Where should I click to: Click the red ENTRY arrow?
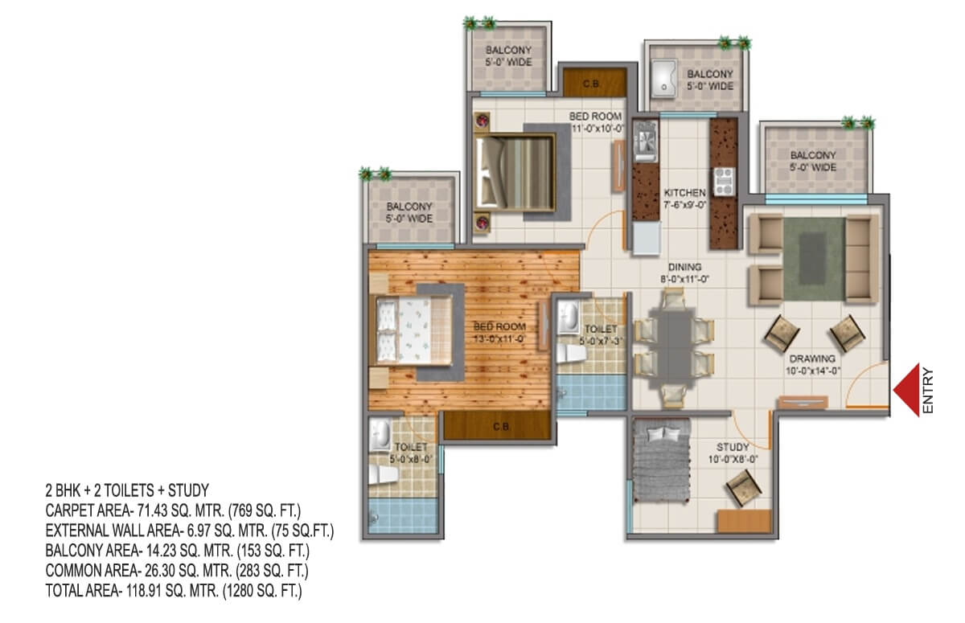tap(907, 390)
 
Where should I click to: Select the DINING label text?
tap(684, 267)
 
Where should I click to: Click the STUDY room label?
tap(733, 447)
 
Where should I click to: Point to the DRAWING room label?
tap(812, 359)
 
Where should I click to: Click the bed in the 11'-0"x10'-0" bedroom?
tap(515, 173)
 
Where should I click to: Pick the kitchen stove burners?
tap(724, 181)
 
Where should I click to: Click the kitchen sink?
tap(646, 141)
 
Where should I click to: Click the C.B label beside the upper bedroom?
tap(591, 84)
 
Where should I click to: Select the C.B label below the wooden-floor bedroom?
tap(501, 427)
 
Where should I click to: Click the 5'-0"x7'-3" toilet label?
tap(601, 335)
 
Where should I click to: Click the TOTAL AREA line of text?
tap(174, 591)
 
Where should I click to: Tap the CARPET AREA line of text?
tap(173, 510)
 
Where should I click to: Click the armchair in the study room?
tap(744, 488)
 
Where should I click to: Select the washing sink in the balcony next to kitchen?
tap(663, 79)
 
